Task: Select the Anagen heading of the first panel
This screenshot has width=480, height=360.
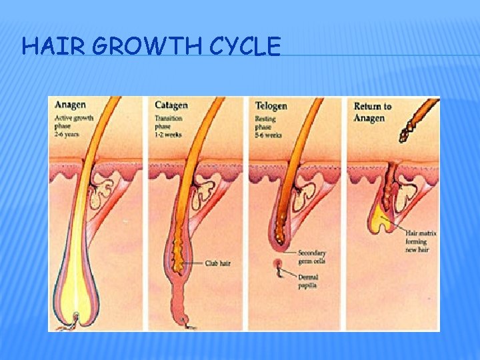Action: (x=71, y=105)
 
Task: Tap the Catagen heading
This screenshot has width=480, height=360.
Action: (x=171, y=105)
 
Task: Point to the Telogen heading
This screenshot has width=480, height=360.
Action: (x=271, y=105)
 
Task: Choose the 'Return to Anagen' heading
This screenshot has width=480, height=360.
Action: (x=373, y=111)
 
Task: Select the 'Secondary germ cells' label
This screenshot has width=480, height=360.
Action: (x=313, y=257)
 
